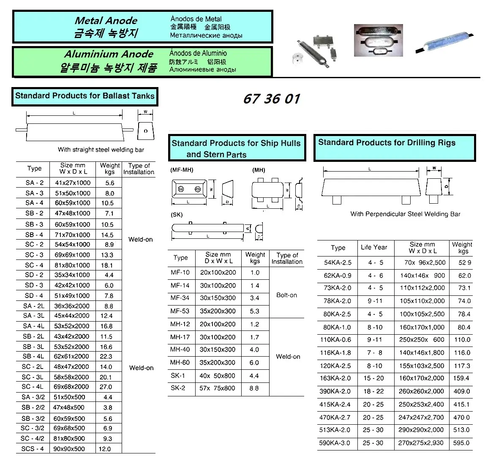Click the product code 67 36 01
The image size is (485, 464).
click(272, 99)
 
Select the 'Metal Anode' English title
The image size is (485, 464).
click(106, 21)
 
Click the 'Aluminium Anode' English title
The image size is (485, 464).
click(109, 54)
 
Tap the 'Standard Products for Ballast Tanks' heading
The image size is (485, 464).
click(85, 96)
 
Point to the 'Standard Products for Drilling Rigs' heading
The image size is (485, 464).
click(387, 143)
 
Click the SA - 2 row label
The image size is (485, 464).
click(34, 183)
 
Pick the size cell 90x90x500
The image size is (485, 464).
click(69, 449)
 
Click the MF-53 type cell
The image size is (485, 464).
click(180, 311)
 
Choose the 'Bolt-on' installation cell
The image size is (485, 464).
click(286, 295)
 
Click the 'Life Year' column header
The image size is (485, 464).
click(374, 247)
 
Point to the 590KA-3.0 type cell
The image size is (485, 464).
click(335, 443)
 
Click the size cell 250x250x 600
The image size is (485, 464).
click(422, 339)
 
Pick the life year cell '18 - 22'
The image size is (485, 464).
click(373, 391)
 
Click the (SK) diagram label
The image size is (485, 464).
click(177, 215)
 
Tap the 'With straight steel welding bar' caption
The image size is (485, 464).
click(101, 150)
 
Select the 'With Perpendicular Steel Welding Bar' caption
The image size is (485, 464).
click(405, 214)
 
